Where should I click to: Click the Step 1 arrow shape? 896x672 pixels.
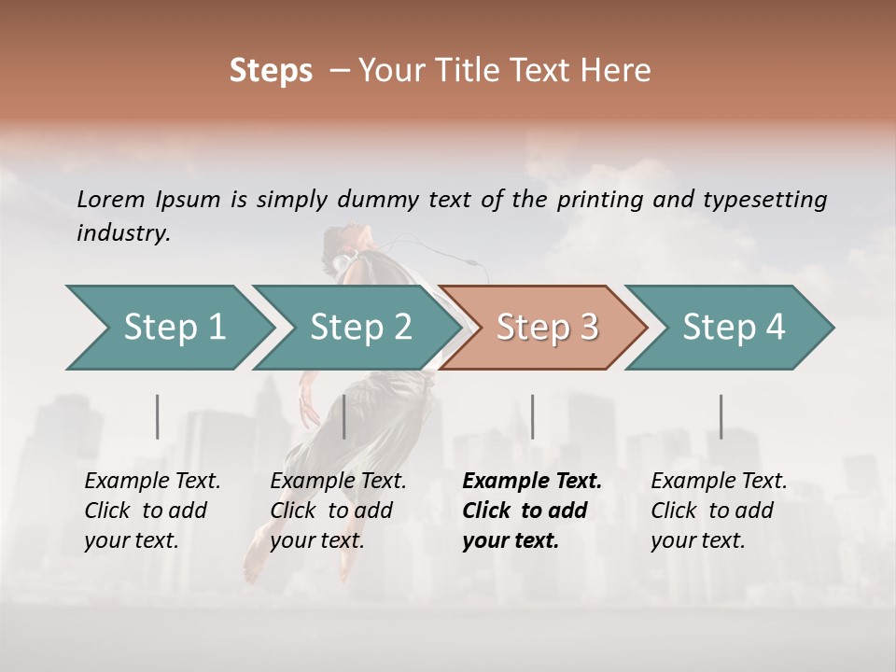[x=168, y=328]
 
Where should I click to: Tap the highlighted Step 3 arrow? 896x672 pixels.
[x=546, y=328]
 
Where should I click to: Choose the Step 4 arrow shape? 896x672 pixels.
[x=733, y=328]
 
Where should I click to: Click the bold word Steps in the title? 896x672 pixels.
[x=271, y=71]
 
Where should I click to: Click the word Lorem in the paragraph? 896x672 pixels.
[x=111, y=199]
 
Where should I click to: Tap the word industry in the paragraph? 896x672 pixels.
[x=122, y=232]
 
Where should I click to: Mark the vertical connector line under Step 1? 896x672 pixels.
[x=158, y=416]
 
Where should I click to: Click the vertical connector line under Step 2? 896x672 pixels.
[x=344, y=416]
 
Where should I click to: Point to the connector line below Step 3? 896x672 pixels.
[x=532, y=416]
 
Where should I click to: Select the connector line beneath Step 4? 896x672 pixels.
[x=721, y=416]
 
